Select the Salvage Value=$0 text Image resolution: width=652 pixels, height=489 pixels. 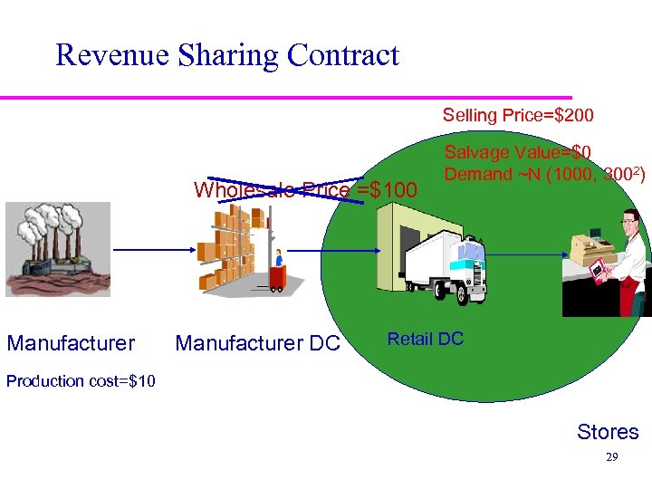coord(518,153)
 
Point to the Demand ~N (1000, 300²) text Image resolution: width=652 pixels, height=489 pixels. coord(544,174)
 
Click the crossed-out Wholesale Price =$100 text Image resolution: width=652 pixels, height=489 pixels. coord(304,190)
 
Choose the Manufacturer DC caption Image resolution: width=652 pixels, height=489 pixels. coord(257,343)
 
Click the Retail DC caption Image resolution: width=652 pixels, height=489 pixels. coord(425,340)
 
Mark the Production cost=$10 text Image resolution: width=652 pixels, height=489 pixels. coord(81,380)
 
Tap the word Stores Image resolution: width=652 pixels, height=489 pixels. coord(608,432)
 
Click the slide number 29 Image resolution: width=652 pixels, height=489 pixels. coord(611,458)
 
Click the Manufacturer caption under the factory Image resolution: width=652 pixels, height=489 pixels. coord(71,343)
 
